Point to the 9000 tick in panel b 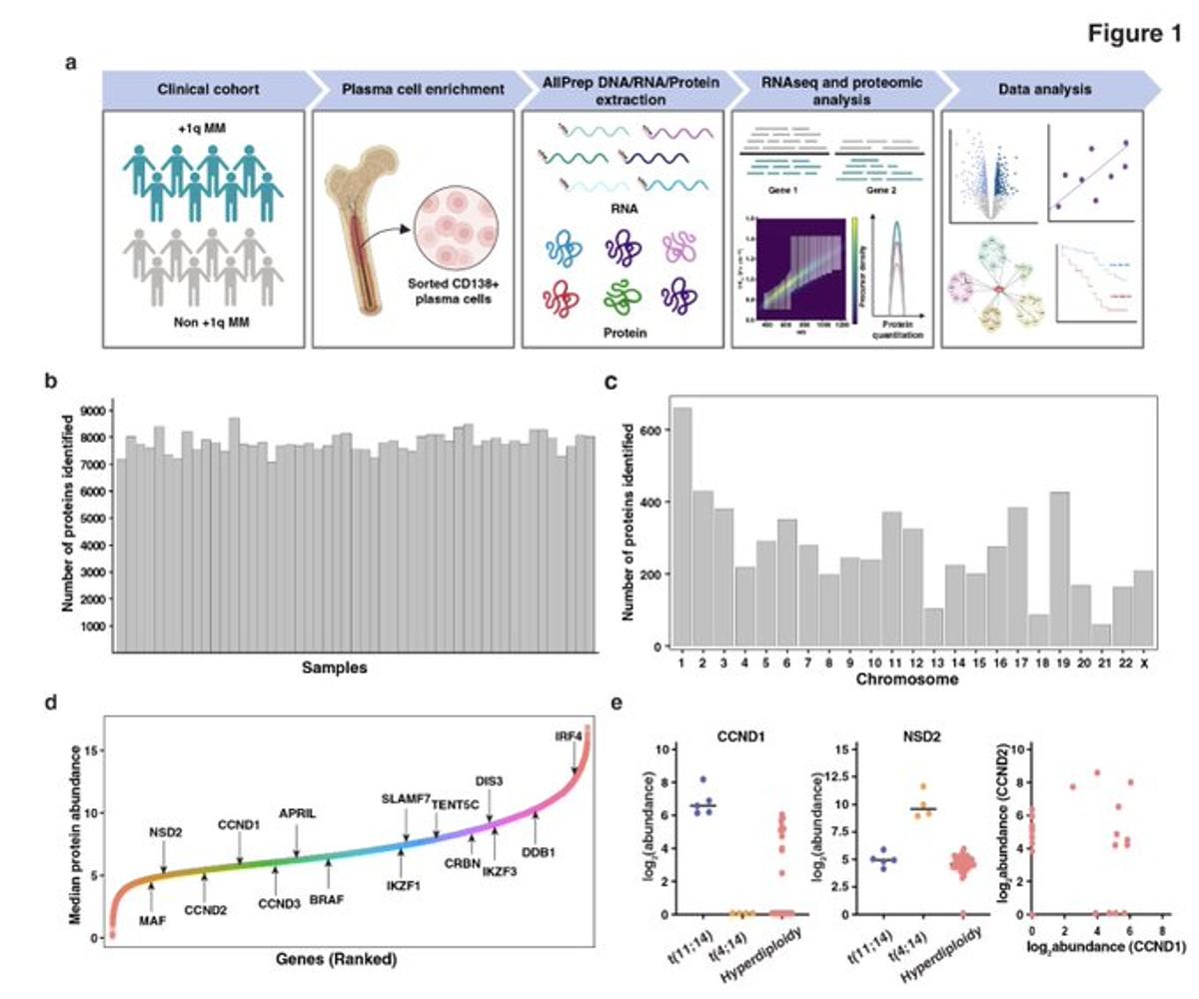[92, 411]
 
